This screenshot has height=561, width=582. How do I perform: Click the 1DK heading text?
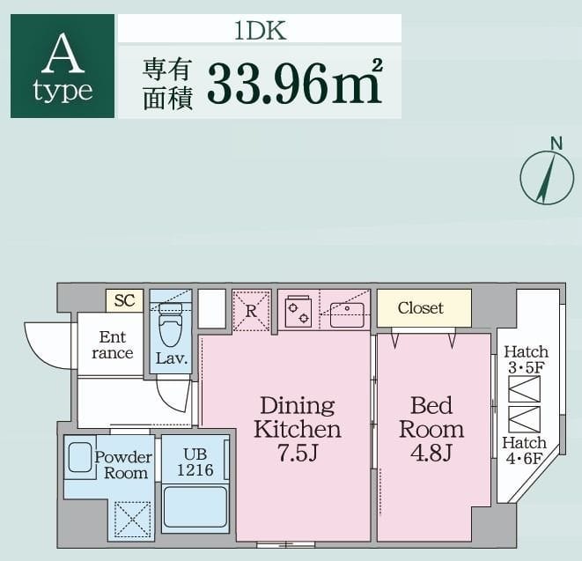click(260, 29)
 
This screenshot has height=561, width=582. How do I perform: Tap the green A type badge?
click(63, 66)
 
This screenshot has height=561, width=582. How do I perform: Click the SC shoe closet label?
click(124, 300)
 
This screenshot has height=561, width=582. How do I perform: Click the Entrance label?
click(113, 345)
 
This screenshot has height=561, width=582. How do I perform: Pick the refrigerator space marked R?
click(251, 310)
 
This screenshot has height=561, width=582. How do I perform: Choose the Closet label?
click(421, 308)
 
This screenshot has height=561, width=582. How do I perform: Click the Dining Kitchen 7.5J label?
click(298, 429)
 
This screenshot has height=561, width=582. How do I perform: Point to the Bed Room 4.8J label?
click(431, 429)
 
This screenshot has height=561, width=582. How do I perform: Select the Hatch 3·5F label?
click(526, 359)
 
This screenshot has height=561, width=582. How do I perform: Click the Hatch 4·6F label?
click(525, 450)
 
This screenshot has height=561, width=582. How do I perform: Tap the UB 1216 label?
click(195, 461)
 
